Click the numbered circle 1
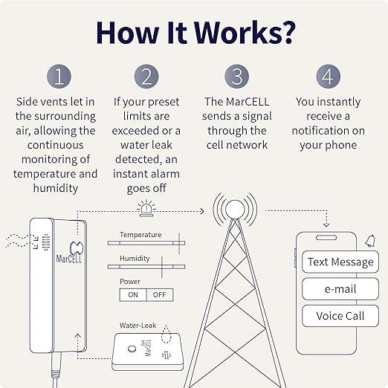(x=59, y=77)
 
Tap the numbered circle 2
(x=146, y=77)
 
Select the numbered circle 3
(x=236, y=77)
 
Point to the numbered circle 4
(x=328, y=77)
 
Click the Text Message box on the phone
(x=340, y=262)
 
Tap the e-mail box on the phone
(x=340, y=289)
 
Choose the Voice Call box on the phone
(x=340, y=316)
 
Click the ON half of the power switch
(x=133, y=295)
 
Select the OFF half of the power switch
(x=160, y=295)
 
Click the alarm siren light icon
(x=146, y=209)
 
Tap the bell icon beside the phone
(x=370, y=241)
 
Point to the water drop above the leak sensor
(x=166, y=334)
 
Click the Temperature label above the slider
(x=140, y=235)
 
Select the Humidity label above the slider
(x=135, y=259)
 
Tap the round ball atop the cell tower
(x=235, y=210)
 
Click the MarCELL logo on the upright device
(x=69, y=253)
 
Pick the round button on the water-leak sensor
(x=132, y=349)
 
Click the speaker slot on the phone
(x=326, y=238)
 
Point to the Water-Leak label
(x=138, y=326)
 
